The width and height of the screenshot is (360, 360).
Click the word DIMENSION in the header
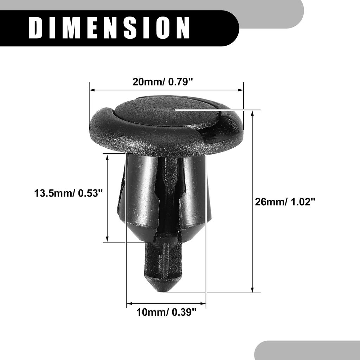pos(109,28)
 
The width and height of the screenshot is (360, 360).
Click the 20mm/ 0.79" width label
pos(163,82)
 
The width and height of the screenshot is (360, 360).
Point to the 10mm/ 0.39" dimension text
pos(166,312)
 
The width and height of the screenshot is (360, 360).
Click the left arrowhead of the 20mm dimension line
pos(92,90)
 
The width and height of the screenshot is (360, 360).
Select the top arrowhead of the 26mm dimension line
pos(252,112)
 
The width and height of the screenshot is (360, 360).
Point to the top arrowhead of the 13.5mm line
pos(107,156)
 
